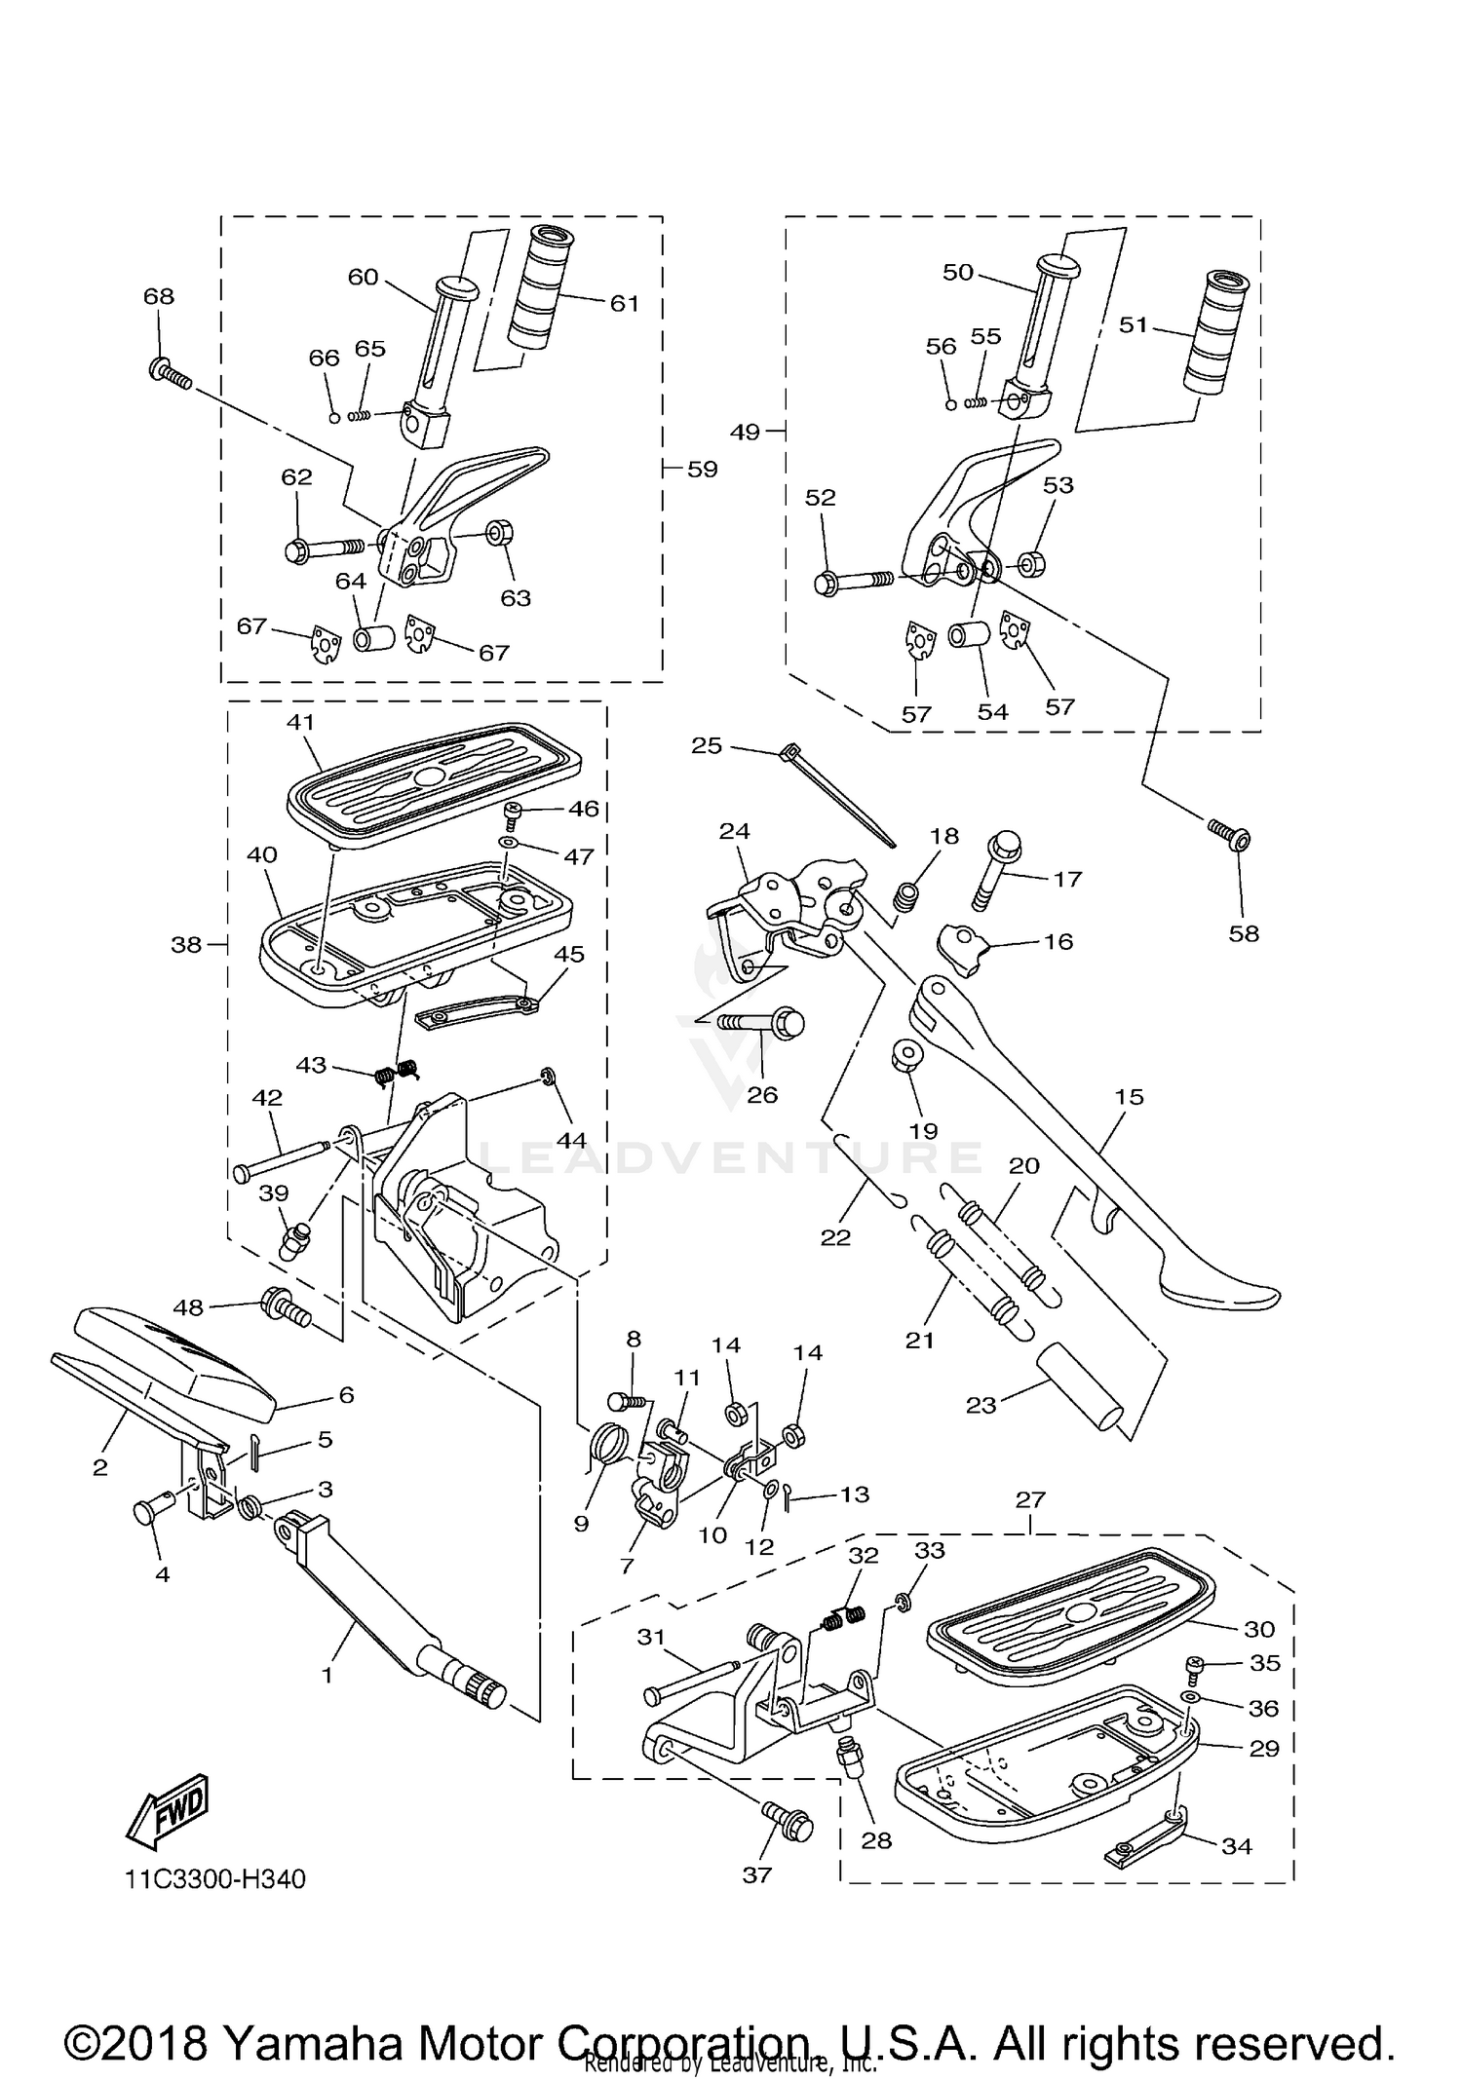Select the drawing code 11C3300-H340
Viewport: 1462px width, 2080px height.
click(x=214, y=1879)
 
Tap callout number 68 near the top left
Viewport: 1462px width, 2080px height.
click(x=159, y=296)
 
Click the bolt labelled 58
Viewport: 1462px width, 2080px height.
click(x=1231, y=835)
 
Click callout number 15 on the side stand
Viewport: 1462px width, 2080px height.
click(x=1129, y=1097)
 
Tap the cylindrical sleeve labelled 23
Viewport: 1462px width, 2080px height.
click(x=1082, y=1386)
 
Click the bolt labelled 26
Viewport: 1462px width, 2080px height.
click(x=765, y=1023)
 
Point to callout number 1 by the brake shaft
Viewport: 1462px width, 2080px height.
click(x=327, y=1676)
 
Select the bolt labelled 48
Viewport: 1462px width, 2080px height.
click(x=285, y=1307)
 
